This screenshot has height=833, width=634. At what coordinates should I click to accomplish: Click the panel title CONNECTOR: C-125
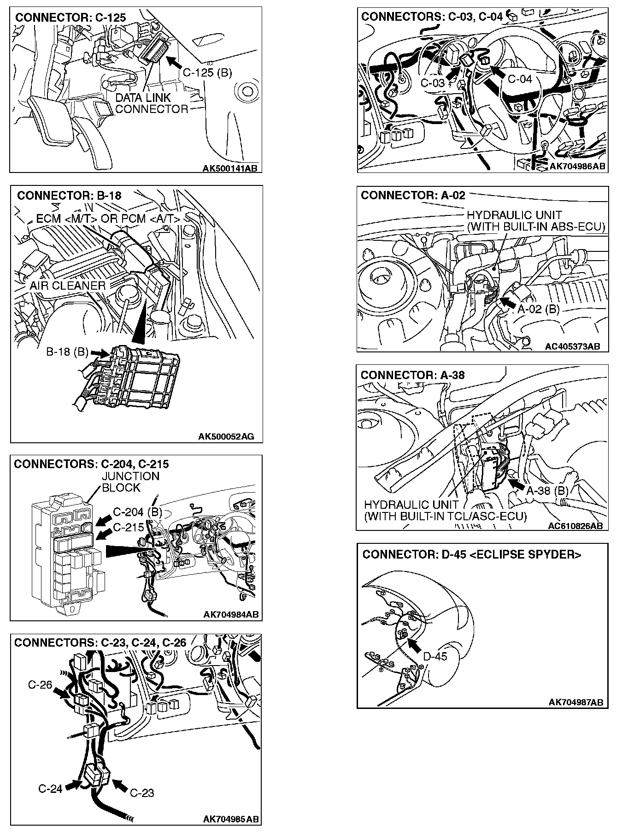70,18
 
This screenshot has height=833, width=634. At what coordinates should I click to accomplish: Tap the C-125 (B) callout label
207,72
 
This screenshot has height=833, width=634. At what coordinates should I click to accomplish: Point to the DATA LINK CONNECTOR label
151,103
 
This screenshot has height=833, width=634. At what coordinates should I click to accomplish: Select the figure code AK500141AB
230,168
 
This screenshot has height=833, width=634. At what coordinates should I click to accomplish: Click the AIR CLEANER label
68,286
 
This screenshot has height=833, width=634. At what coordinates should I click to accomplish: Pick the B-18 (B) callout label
67,352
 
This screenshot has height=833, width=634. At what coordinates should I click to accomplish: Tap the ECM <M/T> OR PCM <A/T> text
108,218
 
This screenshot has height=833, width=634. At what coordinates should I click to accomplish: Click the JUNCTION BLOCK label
130,482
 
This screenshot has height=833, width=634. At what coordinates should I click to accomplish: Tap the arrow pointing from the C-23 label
119,785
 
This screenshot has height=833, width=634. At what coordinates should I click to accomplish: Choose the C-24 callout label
50,788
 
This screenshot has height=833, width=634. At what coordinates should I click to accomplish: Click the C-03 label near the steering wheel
433,83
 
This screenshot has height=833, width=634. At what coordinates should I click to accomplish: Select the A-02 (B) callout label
538,309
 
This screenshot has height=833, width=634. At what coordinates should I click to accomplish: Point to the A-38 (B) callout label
547,490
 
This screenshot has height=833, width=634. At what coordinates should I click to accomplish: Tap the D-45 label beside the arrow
434,656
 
